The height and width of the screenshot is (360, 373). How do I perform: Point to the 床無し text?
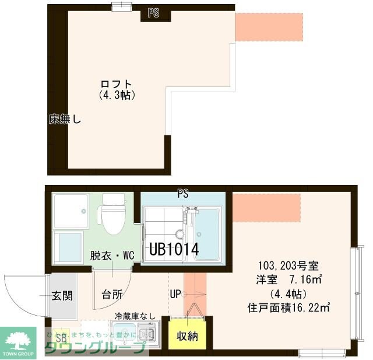[x=65, y=120]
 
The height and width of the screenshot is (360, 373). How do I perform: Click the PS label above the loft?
[x=153, y=13]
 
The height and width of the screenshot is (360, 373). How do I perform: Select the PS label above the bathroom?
[x=183, y=194]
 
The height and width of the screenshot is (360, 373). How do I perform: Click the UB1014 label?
[x=174, y=249]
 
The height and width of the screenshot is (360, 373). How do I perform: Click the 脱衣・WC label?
[x=111, y=256]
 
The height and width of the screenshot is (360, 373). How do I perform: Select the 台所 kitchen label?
[x=112, y=295]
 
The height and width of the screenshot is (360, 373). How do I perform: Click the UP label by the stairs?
[x=175, y=295]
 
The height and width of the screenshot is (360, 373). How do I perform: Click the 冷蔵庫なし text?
[x=135, y=316]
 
